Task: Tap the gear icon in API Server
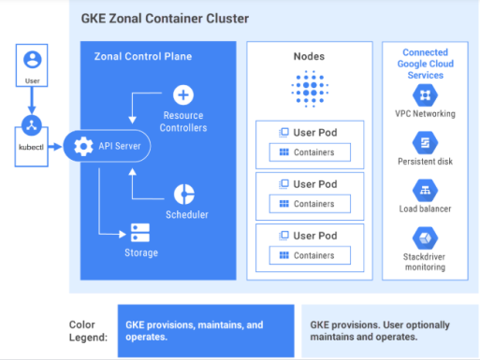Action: [x=82, y=147]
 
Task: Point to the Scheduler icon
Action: [x=183, y=194]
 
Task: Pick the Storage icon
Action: [x=140, y=231]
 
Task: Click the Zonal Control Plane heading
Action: [x=143, y=57]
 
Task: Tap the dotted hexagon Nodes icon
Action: [x=309, y=91]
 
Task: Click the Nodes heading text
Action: [x=309, y=57]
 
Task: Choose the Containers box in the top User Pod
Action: [x=309, y=151]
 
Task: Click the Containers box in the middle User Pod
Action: [x=309, y=203]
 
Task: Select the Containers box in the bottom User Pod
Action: [x=309, y=255]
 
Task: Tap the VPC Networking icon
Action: [x=426, y=94]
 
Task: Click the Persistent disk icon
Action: [x=426, y=142]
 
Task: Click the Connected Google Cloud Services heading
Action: [x=426, y=64]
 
